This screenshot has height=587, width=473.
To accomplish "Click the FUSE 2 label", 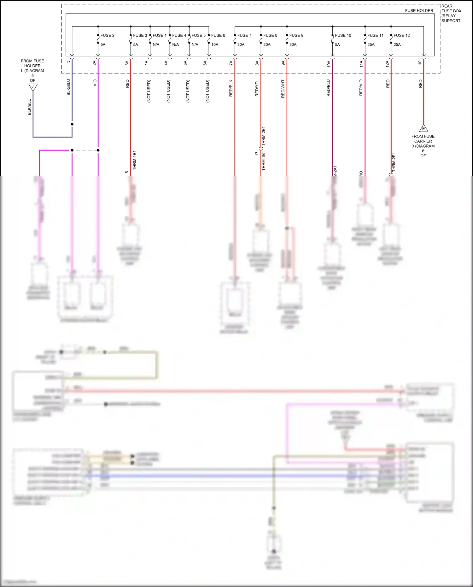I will click(x=107, y=35).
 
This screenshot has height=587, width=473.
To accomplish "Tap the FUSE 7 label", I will click(x=244, y=35).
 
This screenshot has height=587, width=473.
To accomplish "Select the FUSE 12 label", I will click(x=401, y=35).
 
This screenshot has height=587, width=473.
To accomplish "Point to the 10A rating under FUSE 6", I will click(x=215, y=44).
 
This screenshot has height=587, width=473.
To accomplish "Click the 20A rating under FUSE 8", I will click(x=267, y=44).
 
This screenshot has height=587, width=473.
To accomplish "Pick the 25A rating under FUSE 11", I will click(x=371, y=44).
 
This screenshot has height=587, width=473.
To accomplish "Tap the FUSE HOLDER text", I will click(x=419, y=11).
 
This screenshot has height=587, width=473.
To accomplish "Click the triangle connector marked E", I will click(x=423, y=128).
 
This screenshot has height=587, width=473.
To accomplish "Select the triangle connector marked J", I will click(x=33, y=87).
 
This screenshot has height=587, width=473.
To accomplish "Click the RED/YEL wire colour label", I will click(x=257, y=88).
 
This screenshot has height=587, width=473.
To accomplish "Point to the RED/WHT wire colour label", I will click(x=283, y=89).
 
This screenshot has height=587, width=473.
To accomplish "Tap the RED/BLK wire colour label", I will click(x=231, y=88).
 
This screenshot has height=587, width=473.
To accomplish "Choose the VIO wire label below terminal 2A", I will click(x=95, y=83).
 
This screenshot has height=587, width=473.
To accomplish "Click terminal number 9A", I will click(x=283, y=63).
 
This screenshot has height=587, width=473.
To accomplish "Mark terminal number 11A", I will click(x=361, y=64).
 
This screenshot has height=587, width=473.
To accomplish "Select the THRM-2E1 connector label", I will click(x=394, y=162).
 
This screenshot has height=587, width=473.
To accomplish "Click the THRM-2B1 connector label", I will click(x=264, y=136).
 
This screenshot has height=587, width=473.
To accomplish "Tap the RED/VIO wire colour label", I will click(x=361, y=88).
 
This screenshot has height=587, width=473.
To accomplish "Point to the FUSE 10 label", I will click(x=343, y=35).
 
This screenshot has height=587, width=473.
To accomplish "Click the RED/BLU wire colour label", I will click(x=329, y=88).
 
